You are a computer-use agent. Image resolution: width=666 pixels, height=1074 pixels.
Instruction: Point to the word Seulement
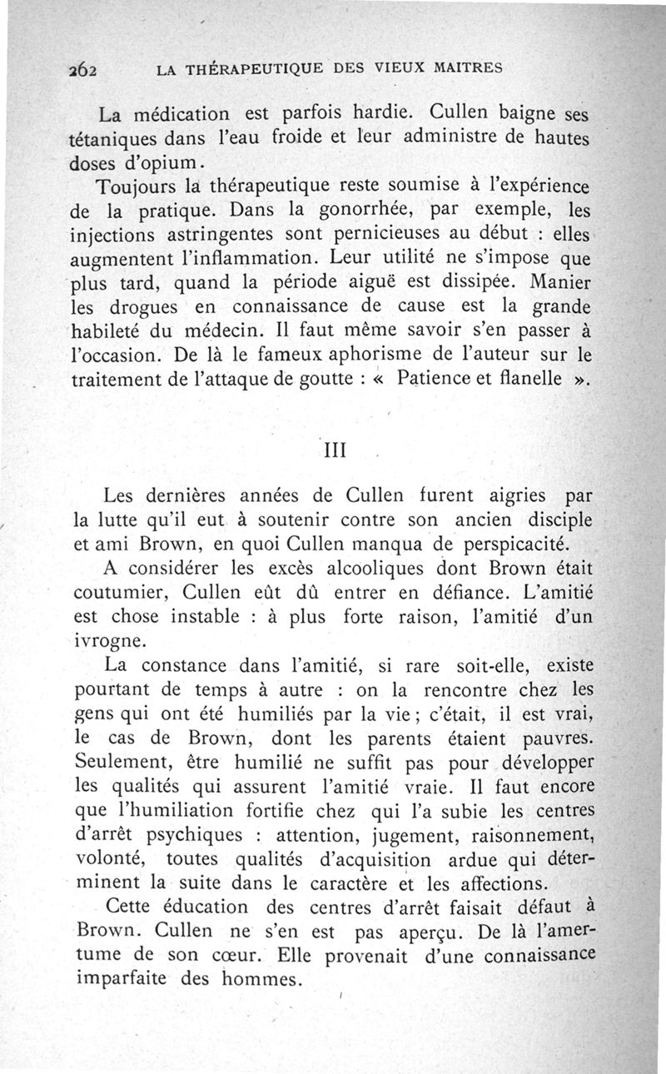119,761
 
